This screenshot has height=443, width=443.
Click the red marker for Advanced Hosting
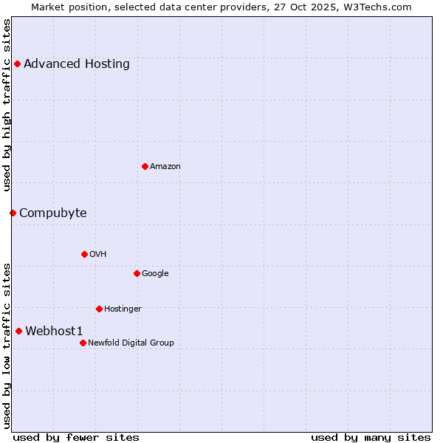click(x=17, y=63)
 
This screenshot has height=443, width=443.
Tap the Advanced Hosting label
click(x=77, y=64)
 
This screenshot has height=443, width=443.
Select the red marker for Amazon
click(x=145, y=166)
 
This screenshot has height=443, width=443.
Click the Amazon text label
click(x=165, y=167)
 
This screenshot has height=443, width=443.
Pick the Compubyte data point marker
click(x=13, y=213)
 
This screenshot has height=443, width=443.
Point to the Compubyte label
click(x=53, y=213)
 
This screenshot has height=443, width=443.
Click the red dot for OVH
click(x=84, y=254)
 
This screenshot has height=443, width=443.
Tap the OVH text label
click(x=98, y=255)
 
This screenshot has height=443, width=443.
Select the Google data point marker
click(x=137, y=273)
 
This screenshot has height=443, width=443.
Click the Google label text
click(x=155, y=274)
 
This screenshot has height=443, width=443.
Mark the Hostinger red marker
click(x=99, y=309)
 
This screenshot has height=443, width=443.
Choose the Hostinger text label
click(x=123, y=309)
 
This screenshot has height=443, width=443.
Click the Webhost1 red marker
click(x=18, y=331)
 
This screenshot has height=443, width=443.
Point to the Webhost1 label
click(x=54, y=332)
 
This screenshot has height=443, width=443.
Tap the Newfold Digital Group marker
click(x=83, y=343)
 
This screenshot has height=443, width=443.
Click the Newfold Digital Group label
click(x=131, y=343)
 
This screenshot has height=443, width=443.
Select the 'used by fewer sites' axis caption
click(x=76, y=438)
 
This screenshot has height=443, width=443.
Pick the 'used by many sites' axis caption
click(x=371, y=438)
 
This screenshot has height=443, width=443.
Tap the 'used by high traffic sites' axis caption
click(x=7, y=105)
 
